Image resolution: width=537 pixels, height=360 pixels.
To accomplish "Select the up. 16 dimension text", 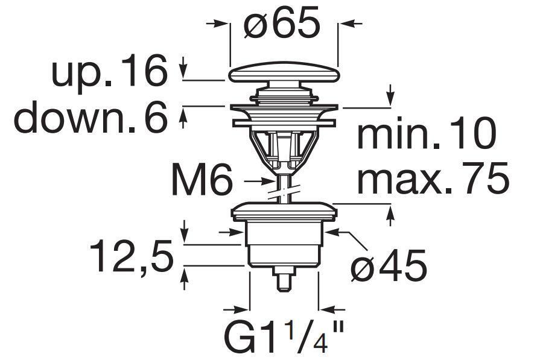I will pyautogui.click(x=109, y=71).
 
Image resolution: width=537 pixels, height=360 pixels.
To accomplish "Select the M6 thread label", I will pyautogui.click(x=202, y=180).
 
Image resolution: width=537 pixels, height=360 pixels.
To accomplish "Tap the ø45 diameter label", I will pyautogui.click(x=389, y=265).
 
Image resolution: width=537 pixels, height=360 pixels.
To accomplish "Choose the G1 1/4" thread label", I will pyautogui.click(x=284, y=338).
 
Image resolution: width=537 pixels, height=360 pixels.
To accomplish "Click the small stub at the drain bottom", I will pyautogui.click(x=284, y=279).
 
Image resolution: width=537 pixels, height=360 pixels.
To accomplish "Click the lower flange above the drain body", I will pyautogui.click(x=282, y=211).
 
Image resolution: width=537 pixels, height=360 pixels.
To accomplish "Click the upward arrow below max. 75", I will pyautogui.click(x=390, y=215).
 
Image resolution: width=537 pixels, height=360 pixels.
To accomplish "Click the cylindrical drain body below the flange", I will pyautogui.click(x=282, y=244).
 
